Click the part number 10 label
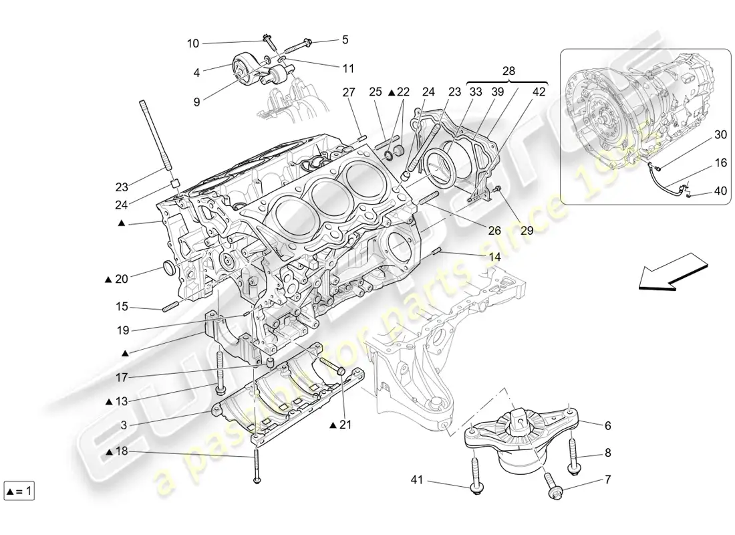click(x=192, y=43)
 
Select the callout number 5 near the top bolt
click(x=345, y=39)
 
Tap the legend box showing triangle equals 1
click(x=19, y=492)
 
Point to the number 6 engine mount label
click(x=607, y=425)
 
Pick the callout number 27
click(x=348, y=92)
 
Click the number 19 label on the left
click(x=121, y=330)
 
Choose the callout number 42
click(x=539, y=92)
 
